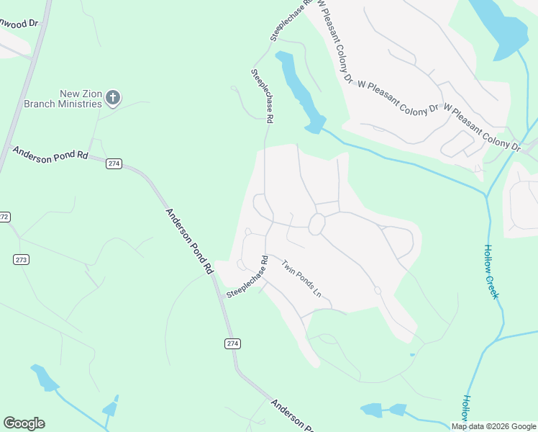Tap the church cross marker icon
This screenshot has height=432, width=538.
coord(113,97)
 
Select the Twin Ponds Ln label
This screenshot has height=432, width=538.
coord(301,279)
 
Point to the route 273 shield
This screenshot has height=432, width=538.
coord(21,259)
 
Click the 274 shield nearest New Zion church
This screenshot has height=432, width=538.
coord(114,163)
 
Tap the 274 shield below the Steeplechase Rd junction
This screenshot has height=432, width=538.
coord(232,343)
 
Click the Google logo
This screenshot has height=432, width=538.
coord(24,423)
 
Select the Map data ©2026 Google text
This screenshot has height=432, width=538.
coord(493,426)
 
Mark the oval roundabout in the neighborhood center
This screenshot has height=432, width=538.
coord(316,225)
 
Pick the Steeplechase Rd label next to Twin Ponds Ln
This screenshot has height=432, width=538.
coord(247,276)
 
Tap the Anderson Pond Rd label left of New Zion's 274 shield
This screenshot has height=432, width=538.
coord(50,154)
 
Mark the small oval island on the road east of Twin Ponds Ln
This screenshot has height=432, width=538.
coord(378,290)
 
